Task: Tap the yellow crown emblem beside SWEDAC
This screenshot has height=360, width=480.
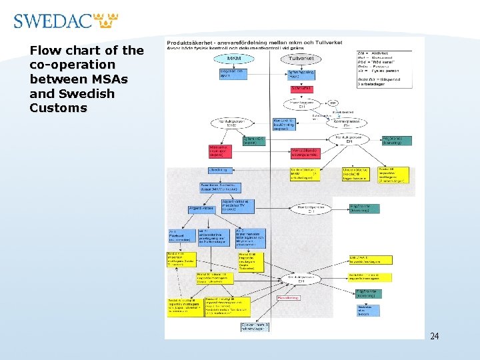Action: tap(107, 21)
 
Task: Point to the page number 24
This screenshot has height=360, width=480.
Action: tap(435, 336)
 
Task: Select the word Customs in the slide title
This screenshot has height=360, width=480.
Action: tap(58, 108)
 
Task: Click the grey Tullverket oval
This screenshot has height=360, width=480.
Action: tap(301, 59)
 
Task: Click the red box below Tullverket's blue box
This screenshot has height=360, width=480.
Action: tap(301, 88)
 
